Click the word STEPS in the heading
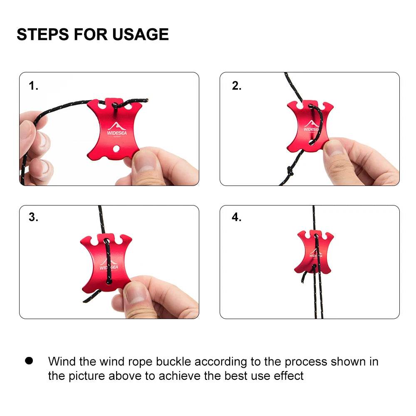pos(43,35)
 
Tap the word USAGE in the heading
pos(140,35)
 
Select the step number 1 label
pos(33,86)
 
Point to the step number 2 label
pos(236,86)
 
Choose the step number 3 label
pos(33,217)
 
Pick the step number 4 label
pos(236,217)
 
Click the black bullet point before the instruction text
pos(29,361)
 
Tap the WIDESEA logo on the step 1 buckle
pos(117,129)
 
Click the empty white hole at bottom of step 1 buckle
pos(116,149)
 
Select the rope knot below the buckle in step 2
pos(290,171)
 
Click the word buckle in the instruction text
pos(173,362)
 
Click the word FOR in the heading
pos(90,35)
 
